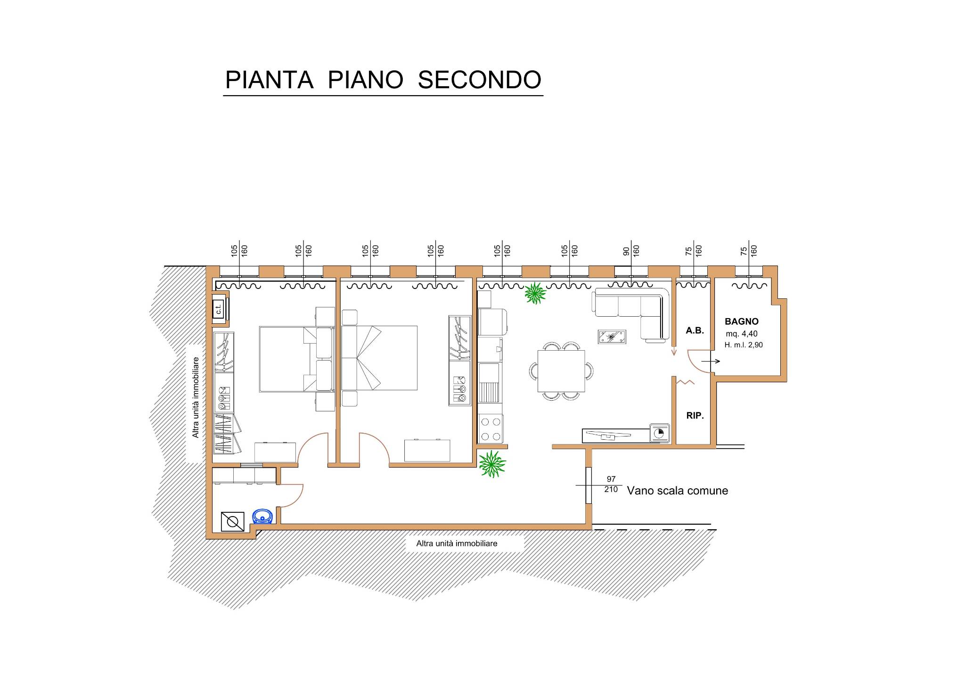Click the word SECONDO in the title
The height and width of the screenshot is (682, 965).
point(479,80)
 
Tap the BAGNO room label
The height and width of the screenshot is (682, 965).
point(741,321)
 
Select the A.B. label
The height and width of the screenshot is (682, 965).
point(695,330)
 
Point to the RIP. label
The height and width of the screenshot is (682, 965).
point(695,416)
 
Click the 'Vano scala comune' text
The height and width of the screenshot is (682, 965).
point(677,491)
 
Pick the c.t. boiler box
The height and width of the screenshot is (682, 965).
point(218,309)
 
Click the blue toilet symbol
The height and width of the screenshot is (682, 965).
point(263,517)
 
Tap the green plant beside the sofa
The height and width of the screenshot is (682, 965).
point(535,293)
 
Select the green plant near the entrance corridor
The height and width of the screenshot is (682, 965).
point(492,464)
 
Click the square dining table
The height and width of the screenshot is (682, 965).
point(561,371)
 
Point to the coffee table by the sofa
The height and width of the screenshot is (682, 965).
point(612,337)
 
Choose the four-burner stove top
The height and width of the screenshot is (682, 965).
point(491,429)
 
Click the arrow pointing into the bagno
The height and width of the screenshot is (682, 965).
point(711,362)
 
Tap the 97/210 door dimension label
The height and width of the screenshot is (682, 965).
point(611,485)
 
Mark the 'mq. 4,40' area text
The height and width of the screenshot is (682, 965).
point(742,334)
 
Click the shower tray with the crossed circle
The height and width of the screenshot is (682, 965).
point(233,522)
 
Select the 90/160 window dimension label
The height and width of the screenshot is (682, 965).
point(631,250)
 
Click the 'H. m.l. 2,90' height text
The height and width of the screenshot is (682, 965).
point(744,345)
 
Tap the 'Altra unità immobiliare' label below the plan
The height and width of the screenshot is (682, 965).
point(457,543)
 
